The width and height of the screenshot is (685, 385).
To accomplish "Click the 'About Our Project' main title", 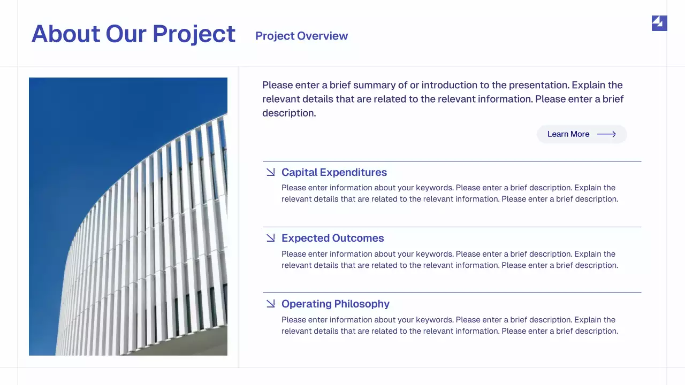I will (x=133, y=34).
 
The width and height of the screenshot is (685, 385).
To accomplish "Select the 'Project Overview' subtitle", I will (x=301, y=36).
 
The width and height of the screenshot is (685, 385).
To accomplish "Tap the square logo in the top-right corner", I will (x=659, y=23).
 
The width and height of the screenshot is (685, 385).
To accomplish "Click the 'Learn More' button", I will (x=582, y=134).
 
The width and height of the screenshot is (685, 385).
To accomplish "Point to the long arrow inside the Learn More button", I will (x=606, y=134).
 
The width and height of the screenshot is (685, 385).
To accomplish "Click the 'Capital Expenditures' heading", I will (x=334, y=172).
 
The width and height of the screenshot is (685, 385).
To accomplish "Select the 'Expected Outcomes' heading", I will (x=332, y=238).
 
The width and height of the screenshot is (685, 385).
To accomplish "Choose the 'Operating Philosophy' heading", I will (x=335, y=304).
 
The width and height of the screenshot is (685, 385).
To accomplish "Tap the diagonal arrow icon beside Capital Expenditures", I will (x=271, y=172).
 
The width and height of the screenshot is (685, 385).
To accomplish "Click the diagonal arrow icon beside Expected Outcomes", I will (x=271, y=238).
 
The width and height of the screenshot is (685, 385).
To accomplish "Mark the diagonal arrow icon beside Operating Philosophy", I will (x=271, y=304).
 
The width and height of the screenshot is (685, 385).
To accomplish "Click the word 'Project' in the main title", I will (x=194, y=34).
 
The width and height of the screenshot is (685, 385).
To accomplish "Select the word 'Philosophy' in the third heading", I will (x=363, y=304).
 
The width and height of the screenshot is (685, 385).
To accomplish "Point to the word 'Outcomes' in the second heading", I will (x=358, y=238).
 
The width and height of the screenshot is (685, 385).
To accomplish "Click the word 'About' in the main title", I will (x=66, y=34).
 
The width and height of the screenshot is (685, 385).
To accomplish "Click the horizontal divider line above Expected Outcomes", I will (x=452, y=227).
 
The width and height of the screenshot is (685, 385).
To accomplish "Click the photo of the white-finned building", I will (x=128, y=217).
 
